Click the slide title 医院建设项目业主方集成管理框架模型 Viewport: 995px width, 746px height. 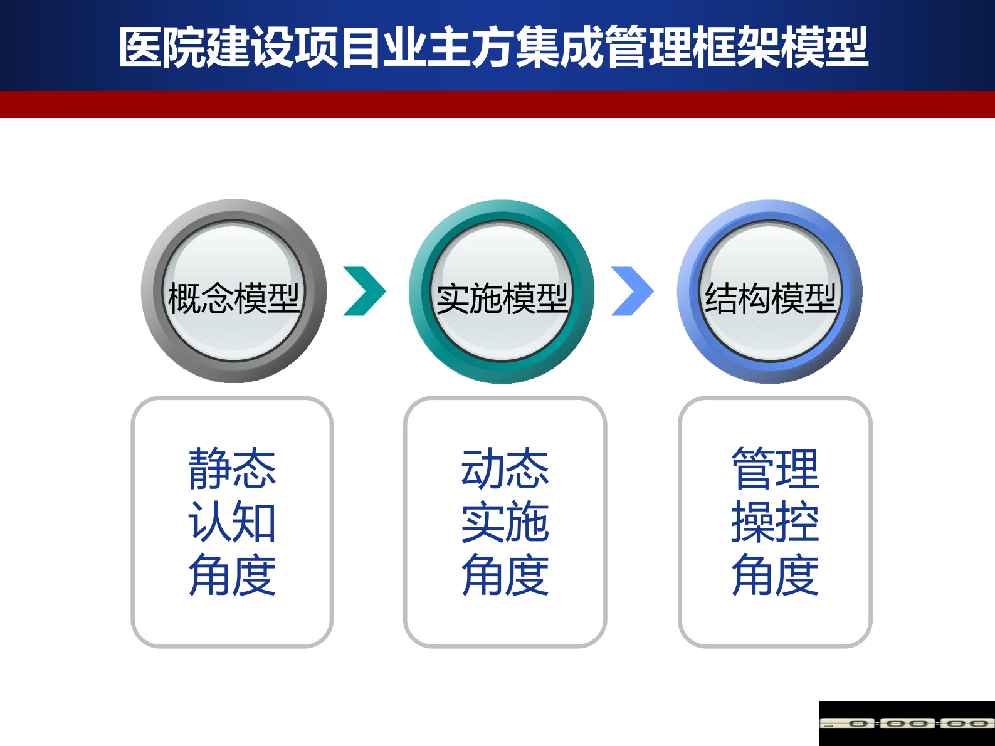coord(493,48)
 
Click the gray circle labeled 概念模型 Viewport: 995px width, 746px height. coord(233,292)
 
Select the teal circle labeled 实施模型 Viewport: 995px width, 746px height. coord(501,292)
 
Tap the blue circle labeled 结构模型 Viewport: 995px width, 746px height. coord(769,292)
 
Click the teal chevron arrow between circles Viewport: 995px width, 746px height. coord(364,292)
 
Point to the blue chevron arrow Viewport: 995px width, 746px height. coord(632,292)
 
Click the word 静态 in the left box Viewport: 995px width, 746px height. coord(232,468)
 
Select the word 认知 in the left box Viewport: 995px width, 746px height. coord(232,522)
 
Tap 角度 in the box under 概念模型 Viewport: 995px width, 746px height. coord(232,575)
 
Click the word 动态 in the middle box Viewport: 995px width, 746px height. coord(505,468)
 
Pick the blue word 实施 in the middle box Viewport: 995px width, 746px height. coord(505,522)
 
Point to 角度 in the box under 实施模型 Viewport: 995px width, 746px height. coord(505,575)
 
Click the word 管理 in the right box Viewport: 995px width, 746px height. coord(775,468)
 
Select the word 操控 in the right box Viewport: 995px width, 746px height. coord(775,522)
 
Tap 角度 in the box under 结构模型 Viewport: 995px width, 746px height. coord(775,575)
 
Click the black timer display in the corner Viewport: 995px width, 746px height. coord(907,723)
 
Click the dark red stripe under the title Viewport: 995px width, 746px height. coord(497,105)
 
